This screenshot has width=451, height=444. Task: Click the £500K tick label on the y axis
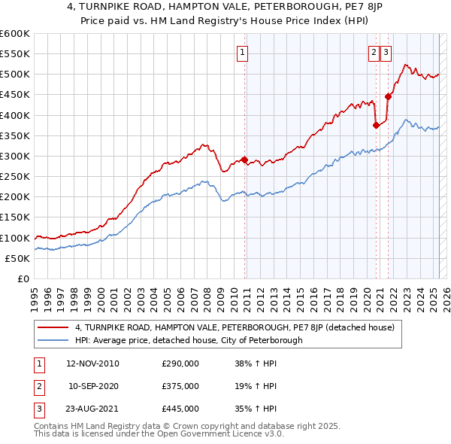point(14,75)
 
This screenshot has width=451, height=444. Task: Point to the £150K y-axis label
point(14,217)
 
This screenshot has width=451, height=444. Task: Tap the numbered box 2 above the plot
point(374,52)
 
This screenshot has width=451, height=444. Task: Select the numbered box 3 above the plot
point(386,52)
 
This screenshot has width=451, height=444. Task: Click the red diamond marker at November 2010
point(244,160)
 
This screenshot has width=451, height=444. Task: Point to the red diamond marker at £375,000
point(376,126)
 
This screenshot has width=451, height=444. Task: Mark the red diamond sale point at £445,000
point(389,96)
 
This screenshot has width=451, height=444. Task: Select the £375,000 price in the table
point(180,386)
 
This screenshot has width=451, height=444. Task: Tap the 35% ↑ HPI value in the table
point(256,409)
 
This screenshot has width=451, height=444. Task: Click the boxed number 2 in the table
point(38,386)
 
